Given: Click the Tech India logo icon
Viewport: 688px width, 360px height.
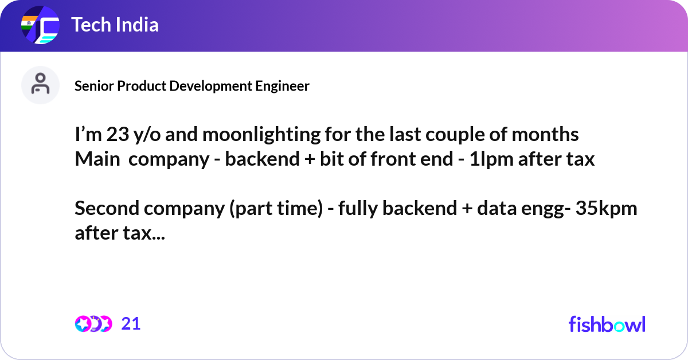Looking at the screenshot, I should tap(40, 26).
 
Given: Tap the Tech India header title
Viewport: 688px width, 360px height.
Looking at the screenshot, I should tap(115, 25).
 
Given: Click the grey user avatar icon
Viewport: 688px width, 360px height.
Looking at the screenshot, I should tap(40, 85).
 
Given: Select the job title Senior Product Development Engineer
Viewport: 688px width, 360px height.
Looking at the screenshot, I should tap(192, 86).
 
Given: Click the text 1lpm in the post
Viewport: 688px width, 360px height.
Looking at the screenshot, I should tap(491, 159).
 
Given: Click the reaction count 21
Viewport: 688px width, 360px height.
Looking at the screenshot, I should tap(131, 324).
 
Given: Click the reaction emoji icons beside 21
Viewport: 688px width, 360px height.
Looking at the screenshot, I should tap(93, 324).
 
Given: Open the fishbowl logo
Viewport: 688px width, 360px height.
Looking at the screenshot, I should tap(607, 324).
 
